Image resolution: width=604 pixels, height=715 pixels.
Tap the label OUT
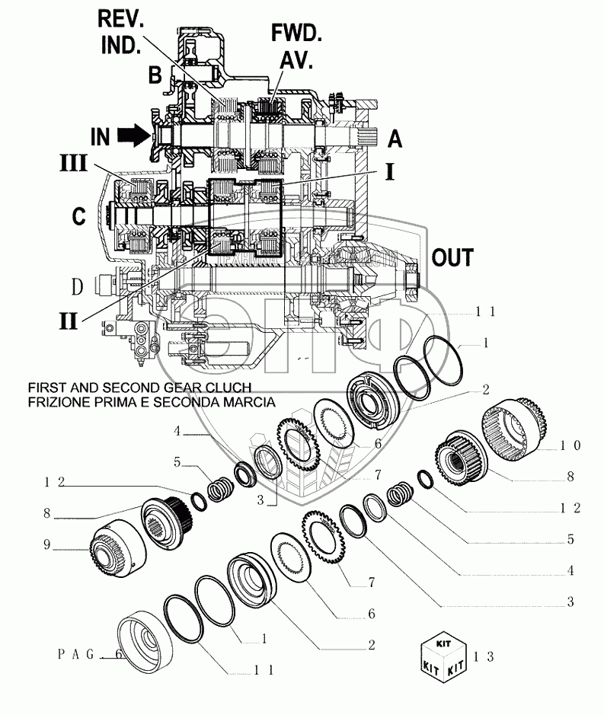(x=452, y=257)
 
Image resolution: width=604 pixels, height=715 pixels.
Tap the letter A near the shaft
(x=395, y=139)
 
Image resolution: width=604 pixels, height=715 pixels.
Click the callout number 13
(x=484, y=656)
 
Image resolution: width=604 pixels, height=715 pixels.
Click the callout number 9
(x=47, y=544)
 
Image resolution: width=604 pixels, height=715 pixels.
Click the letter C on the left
(x=78, y=216)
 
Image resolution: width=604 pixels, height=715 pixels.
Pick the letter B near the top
(x=155, y=75)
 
